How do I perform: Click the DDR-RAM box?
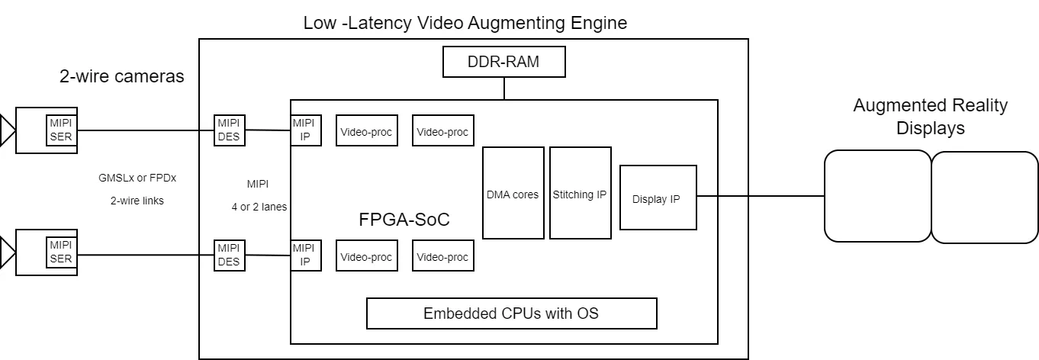pyautogui.click(x=503, y=62)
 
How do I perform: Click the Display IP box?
pyautogui.click(x=658, y=198)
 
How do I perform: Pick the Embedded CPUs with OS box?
pyautogui.click(x=511, y=313)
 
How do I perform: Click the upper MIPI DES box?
pyautogui.click(x=229, y=130)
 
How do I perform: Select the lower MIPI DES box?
pyautogui.click(x=229, y=256)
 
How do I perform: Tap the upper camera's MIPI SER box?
pyautogui.click(x=61, y=130)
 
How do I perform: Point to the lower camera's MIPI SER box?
pyautogui.click(x=61, y=252)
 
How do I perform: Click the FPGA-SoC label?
pyautogui.click(x=404, y=220)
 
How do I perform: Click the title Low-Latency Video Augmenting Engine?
pyautogui.click(x=465, y=23)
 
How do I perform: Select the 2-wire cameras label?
pyautogui.click(x=122, y=76)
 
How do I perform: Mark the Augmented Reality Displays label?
pyautogui.click(x=931, y=117)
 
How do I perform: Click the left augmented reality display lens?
pyautogui.click(x=877, y=197)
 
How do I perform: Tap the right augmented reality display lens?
pyautogui.click(x=984, y=197)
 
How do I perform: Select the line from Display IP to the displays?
pyautogui.click(x=760, y=196)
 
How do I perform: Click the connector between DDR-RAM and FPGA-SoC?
pyautogui.click(x=504, y=88)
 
